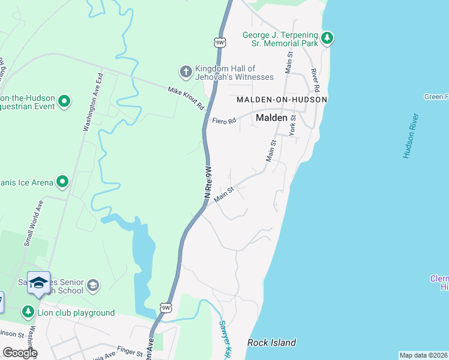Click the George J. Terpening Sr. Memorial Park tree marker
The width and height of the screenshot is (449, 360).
click(x=327, y=39)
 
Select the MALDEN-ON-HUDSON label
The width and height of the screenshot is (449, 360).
click(x=282, y=99)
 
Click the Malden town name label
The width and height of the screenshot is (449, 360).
click(x=272, y=118)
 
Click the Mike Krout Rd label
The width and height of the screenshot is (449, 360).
click(x=186, y=98)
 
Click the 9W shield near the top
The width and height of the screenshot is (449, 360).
click(x=220, y=43)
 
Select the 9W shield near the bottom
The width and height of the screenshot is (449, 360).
click(x=166, y=308)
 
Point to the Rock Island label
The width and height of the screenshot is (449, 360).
click(x=272, y=343)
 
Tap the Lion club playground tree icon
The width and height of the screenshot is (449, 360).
click(x=28, y=312)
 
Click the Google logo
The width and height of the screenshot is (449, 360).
click(x=20, y=353)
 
